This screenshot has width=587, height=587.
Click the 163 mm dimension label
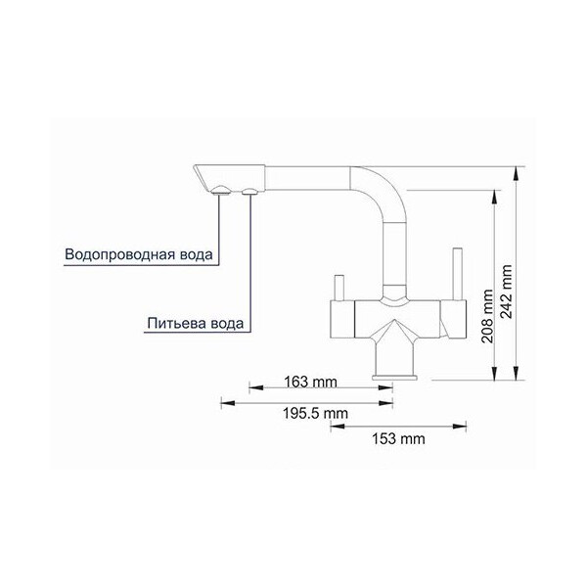coord(310,382)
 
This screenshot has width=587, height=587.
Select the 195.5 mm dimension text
coord(315,413)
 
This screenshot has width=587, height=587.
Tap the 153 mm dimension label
coord(398,438)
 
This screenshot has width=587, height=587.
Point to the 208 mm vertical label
coord(487,316)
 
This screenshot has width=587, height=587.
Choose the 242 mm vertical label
coord(507,292)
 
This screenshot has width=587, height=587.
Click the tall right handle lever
coord(457,274)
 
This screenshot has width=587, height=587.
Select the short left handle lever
coord(339,288)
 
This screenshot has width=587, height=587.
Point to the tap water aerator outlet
coord(221,191)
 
